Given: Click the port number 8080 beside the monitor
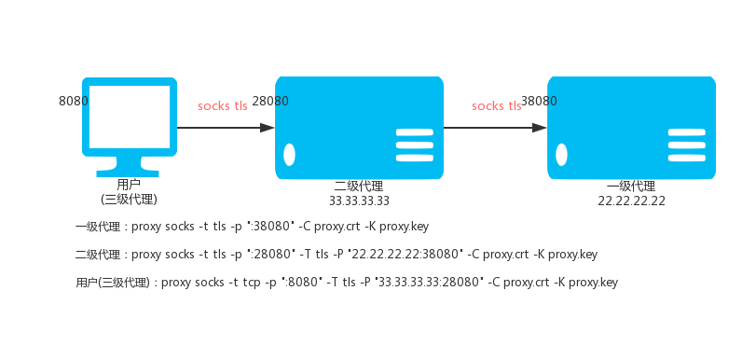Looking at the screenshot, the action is pyautogui.click(x=74, y=102).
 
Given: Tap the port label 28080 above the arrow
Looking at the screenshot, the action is pyautogui.click(x=270, y=102).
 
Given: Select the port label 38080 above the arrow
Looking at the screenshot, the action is pyautogui.click(x=539, y=102).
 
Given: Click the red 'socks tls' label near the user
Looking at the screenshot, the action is pyautogui.click(x=222, y=106).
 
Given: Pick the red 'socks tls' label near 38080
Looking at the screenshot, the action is pyautogui.click(x=497, y=106).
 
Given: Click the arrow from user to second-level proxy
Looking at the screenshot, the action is pyautogui.click(x=226, y=128).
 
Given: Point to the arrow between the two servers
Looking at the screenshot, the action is pyautogui.click(x=495, y=128).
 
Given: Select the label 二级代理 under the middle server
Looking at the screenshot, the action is pyautogui.click(x=359, y=187).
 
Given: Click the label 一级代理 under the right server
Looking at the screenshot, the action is pyautogui.click(x=631, y=187).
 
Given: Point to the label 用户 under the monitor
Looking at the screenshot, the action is pyautogui.click(x=129, y=185).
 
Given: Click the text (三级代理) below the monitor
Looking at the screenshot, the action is pyautogui.click(x=130, y=200).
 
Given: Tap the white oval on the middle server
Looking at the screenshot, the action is pyautogui.click(x=289, y=155).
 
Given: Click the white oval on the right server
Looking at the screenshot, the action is pyautogui.click(x=562, y=155).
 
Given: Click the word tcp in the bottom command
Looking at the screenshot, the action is pyautogui.click(x=251, y=283).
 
